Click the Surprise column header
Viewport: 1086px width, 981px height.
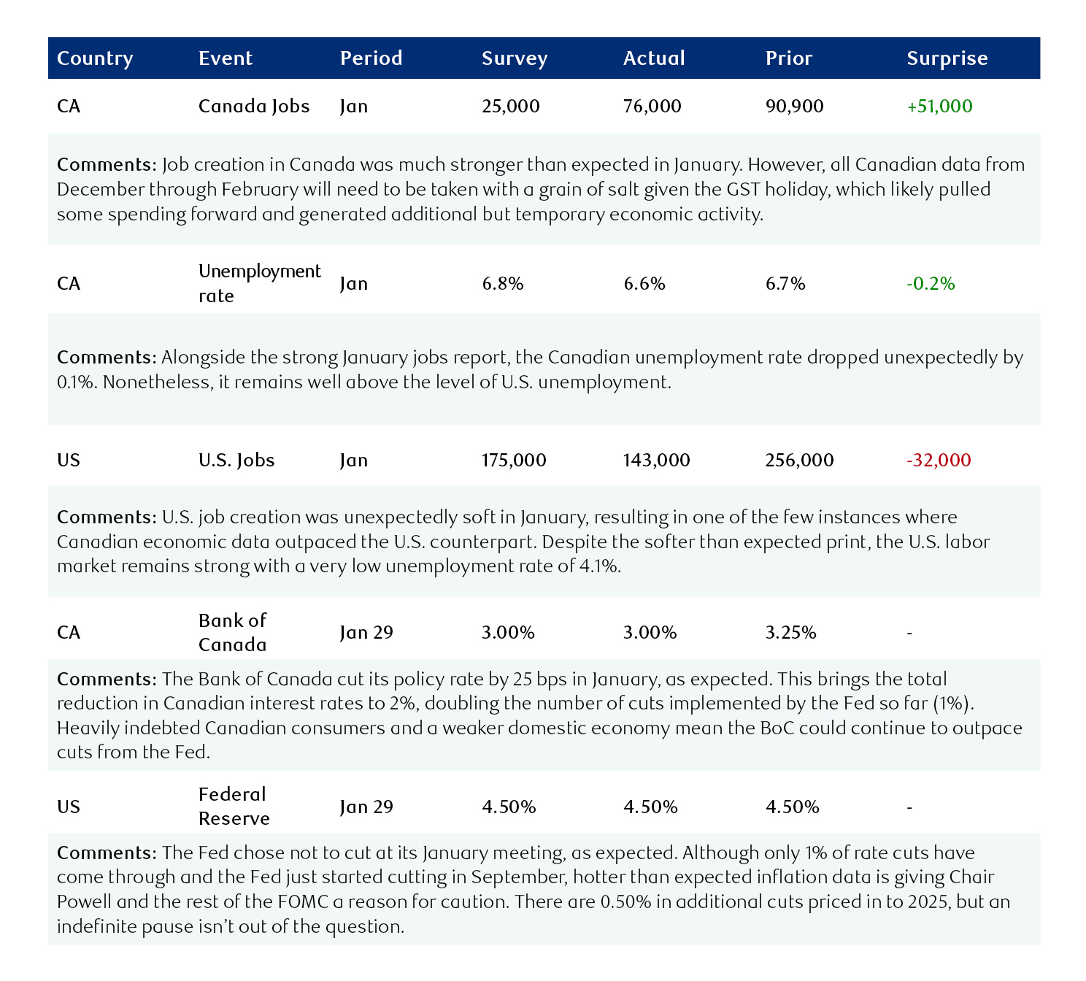pos(947,58)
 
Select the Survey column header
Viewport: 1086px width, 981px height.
pos(515,58)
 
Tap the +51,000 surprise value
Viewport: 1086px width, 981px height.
pos(939,107)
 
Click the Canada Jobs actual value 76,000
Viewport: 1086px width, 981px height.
pos(652,107)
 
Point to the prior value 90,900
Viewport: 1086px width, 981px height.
pos(794,107)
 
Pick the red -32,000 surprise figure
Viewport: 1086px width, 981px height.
pos(939,461)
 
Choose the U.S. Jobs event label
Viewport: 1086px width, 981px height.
pos(236,461)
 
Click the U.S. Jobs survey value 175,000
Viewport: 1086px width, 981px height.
pos(514,461)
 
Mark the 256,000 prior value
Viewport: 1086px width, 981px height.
pos(799,461)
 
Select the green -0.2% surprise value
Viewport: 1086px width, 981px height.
pos(931,284)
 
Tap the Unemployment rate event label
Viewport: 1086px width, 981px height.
pos(259,283)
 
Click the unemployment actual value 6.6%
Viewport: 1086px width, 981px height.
pos(644,284)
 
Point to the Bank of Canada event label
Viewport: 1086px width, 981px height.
pos(232,632)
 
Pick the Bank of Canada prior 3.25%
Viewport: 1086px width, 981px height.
pos(790,633)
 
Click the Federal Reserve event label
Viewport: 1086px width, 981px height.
pos(234,807)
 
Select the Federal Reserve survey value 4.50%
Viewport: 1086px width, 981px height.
pos(509,807)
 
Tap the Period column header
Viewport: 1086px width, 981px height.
pos(371,58)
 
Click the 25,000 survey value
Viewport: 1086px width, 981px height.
pos(510,107)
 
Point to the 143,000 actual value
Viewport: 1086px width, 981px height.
pos(656,461)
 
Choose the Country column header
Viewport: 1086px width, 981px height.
pos(95,58)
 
